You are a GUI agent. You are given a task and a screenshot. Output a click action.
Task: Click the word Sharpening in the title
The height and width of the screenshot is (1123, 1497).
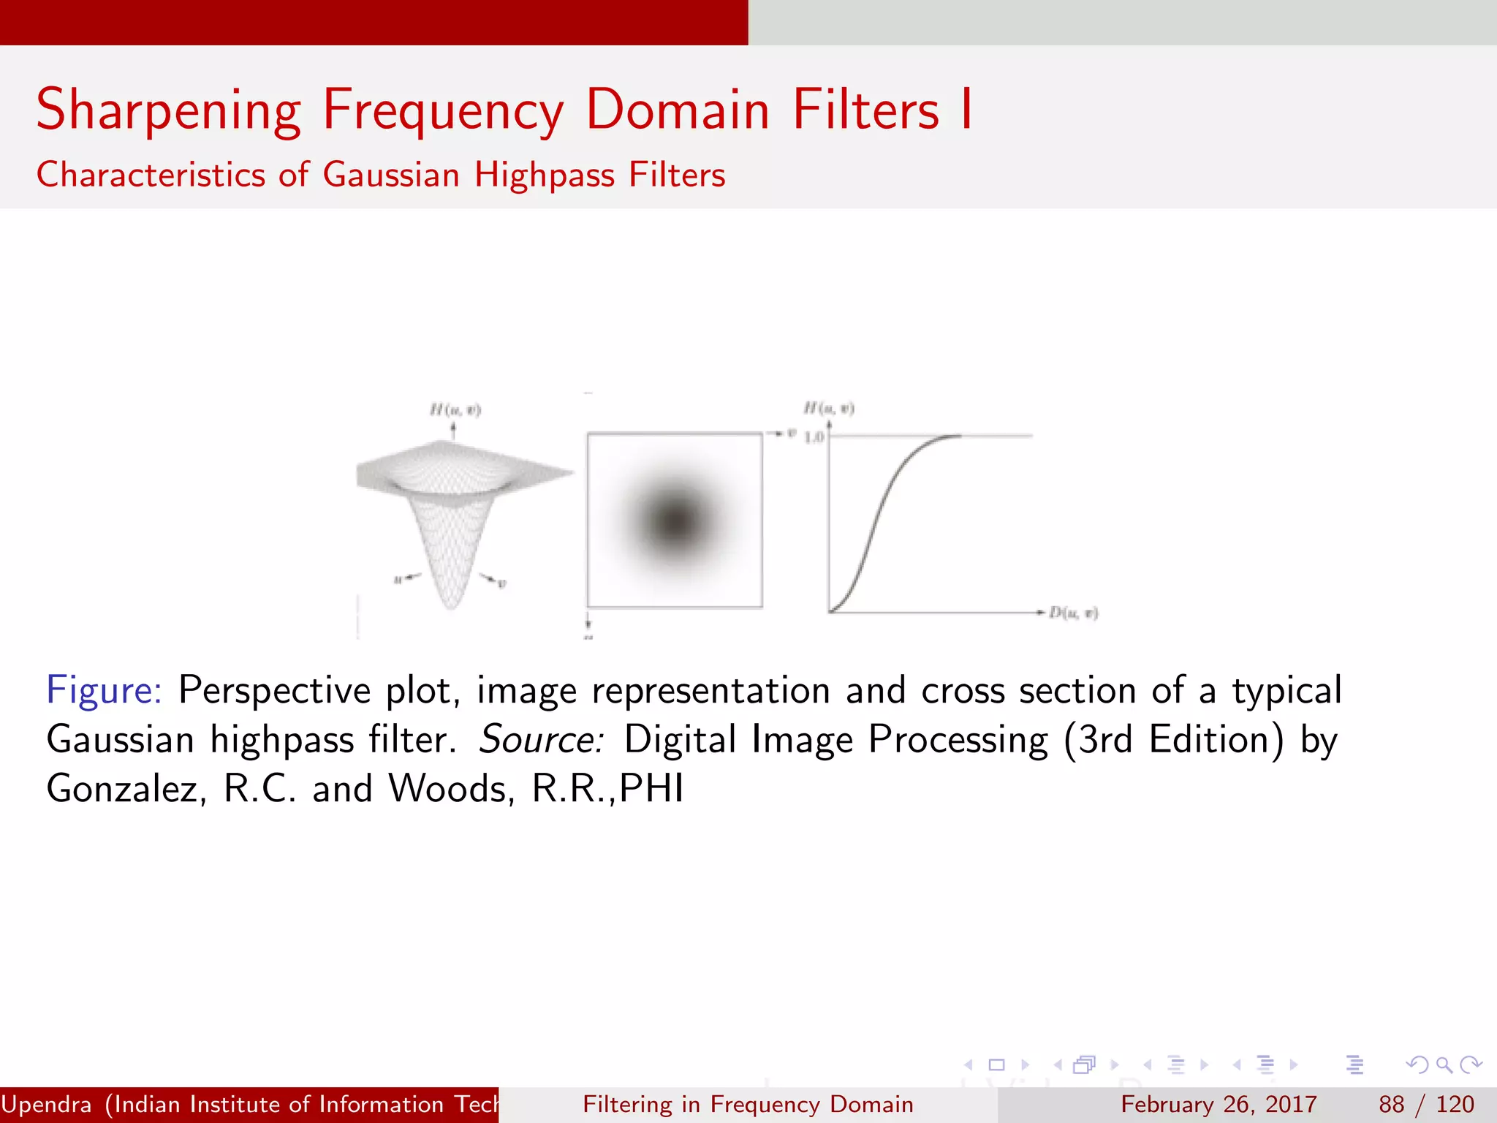point(168,110)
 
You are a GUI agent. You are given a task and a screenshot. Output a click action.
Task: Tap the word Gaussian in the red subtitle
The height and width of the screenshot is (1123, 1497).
point(391,175)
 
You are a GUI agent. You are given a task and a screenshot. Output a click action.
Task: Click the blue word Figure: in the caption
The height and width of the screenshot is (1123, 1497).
point(104,690)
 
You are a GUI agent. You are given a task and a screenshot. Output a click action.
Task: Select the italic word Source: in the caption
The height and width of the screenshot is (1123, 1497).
point(541,739)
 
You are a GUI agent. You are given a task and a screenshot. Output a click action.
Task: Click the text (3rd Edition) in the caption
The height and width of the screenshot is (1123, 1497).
point(1174,739)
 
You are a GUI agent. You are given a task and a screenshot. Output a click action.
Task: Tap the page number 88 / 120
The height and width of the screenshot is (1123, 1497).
point(1426,1104)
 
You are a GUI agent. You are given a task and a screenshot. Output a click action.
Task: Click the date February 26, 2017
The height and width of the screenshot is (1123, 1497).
point(1219,1104)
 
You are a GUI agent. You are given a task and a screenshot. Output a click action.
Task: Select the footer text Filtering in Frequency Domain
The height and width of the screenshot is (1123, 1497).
point(748,1104)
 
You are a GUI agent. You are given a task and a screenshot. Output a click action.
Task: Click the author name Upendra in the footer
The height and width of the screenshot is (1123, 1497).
point(46,1104)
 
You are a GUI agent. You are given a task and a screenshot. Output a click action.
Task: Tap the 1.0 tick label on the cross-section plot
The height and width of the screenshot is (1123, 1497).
point(814,437)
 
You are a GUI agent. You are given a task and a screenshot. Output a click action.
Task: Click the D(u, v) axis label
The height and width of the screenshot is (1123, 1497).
point(1073,613)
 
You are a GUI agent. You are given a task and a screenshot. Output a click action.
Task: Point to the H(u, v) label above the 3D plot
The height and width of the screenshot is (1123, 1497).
point(455,409)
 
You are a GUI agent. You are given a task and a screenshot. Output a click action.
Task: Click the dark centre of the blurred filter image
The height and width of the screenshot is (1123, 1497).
point(674,520)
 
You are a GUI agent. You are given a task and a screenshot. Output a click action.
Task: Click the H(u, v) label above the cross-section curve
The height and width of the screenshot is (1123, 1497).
point(829,407)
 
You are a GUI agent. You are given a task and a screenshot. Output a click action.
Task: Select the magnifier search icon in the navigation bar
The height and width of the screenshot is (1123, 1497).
point(1444,1065)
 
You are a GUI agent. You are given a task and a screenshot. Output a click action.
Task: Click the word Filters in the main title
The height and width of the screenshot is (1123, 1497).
point(865,110)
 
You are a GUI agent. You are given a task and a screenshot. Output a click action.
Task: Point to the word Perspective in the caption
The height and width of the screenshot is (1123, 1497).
point(274,690)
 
